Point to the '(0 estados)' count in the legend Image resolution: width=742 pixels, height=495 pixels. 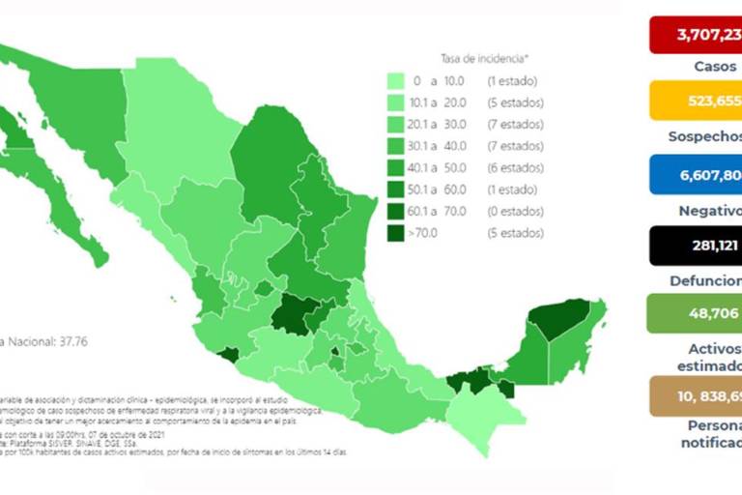[515, 212]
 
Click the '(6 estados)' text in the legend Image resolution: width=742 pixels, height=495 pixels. [515, 168]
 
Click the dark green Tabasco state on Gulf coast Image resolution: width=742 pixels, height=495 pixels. [473, 381]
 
